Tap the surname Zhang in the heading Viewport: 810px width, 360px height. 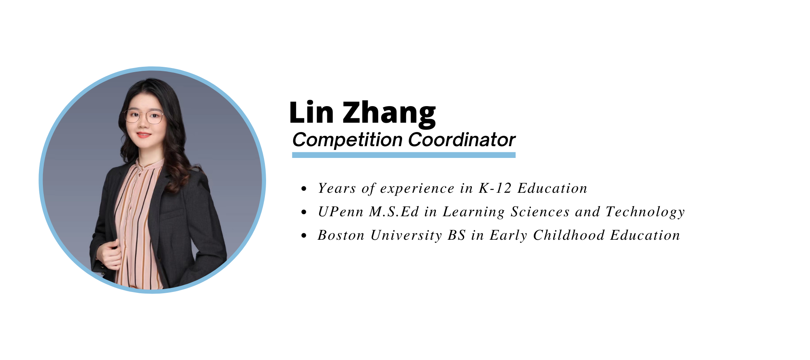(x=389, y=114)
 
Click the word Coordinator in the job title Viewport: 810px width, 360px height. (x=462, y=140)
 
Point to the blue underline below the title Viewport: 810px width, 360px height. (x=404, y=155)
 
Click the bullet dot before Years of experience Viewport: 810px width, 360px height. (x=304, y=189)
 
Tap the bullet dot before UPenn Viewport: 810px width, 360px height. (x=304, y=212)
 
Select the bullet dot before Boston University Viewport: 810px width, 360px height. (x=304, y=236)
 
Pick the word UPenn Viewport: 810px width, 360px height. (x=341, y=212)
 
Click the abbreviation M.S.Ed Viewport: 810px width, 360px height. (x=394, y=212)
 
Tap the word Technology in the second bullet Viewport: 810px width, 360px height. (x=645, y=213)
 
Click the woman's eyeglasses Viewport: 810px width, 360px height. (x=144, y=117)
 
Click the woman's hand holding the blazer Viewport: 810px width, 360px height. (x=109, y=254)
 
